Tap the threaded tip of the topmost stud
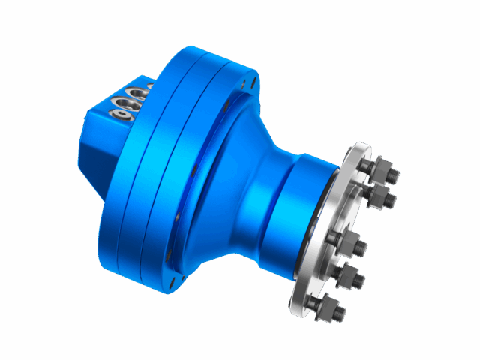(x=392, y=175)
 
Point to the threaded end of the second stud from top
(x=391, y=200)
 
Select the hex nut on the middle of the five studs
(x=349, y=244)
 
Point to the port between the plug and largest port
(x=123, y=103)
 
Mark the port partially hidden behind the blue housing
(x=151, y=85)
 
